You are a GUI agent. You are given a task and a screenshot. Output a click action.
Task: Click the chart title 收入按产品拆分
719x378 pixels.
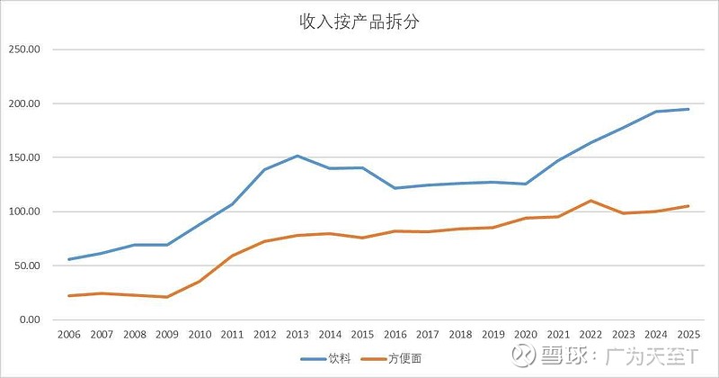pyautogui.click(x=359, y=22)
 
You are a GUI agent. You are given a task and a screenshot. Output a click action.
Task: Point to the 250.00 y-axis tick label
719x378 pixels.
pyautogui.click(x=26, y=49)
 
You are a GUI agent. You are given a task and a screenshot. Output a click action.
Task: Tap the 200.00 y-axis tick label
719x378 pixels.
pyautogui.click(x=26, y=103)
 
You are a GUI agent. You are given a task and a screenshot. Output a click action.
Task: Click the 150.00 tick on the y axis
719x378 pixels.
pyautogui.click(x=26, y=157)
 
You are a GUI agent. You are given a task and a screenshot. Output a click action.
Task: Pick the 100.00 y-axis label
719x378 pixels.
pyautogui.click(x=26, y=211)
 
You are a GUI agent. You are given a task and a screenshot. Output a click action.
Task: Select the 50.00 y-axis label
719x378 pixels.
pyautogui.click(x=28, y=265)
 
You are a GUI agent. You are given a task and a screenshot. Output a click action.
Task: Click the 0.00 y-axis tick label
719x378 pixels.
pyautogui.click(x=31, y=319)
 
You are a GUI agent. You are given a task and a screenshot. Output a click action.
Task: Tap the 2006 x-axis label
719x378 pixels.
pyautogui.click(x=68, y=335)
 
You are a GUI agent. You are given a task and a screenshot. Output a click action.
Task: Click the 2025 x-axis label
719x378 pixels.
pyautogui.click(x=688, y=335)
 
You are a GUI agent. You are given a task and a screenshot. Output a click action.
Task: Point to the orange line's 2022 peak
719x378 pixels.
pyautogui.click(x=590, y=201)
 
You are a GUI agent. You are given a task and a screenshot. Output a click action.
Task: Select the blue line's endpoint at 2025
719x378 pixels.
pyautogui.click(x=688, y=109)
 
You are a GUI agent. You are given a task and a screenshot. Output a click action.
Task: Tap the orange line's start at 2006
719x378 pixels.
pyautogui.click(x=68, y=296)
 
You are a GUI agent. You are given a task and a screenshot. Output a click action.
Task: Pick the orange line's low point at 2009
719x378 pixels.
pyautogui.click(x=165, y=297)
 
